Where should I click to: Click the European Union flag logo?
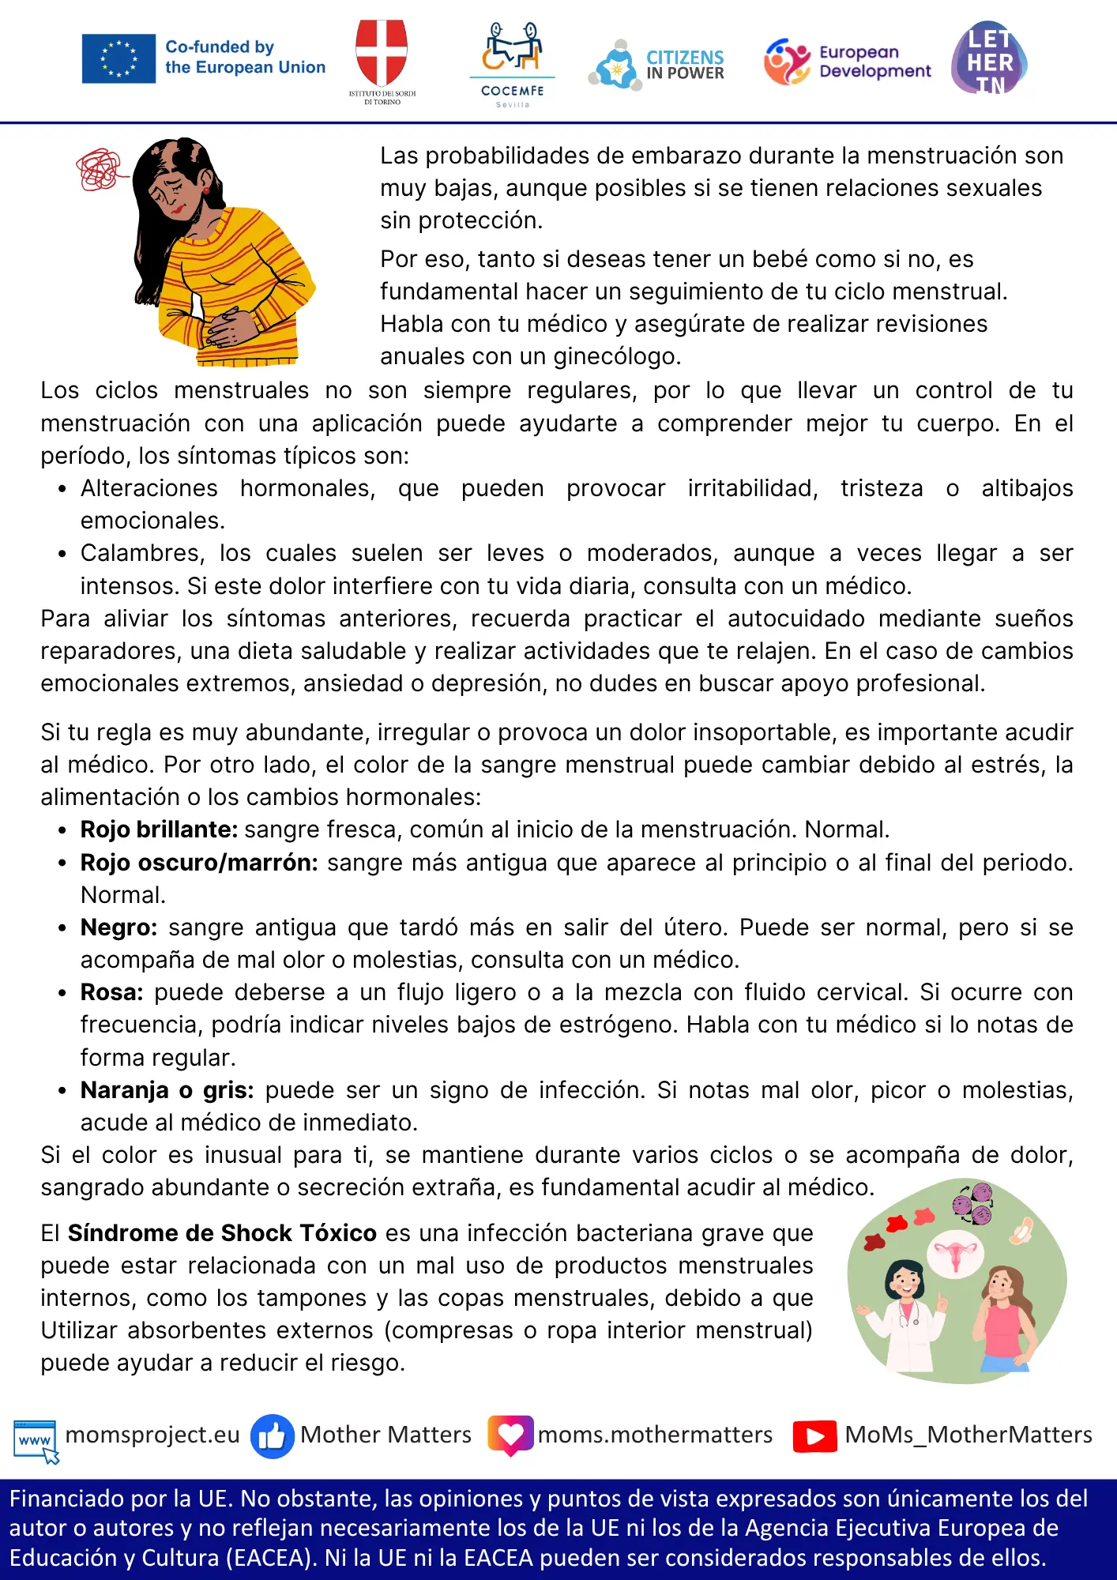(x=118, y=58)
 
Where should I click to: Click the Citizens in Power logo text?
(x=684, y=65)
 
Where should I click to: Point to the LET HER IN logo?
(x=989, y=59)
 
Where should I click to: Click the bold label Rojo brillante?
(x=159, y=829)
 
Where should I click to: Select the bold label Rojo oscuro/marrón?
(x=199, y=862)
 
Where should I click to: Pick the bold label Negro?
(x=118, y=927)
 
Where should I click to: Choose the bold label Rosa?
(x=111, y=992)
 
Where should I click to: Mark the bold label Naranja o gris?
(x=167, y=1090)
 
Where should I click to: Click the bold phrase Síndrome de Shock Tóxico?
(x=222, y=1233)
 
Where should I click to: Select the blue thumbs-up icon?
(x=272, y=1436)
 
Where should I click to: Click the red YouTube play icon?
(x=814, y=1436)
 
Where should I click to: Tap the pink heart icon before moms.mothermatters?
(x=510, y=1435)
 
